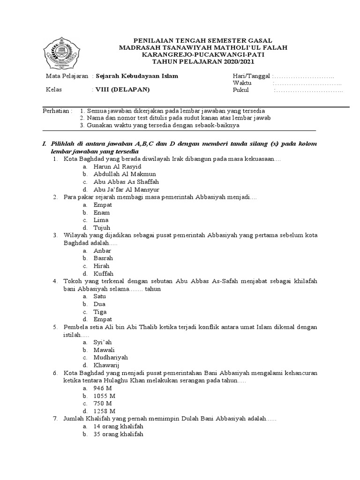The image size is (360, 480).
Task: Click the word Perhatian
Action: point(57,111)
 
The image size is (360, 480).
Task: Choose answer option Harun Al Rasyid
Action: point(117,167)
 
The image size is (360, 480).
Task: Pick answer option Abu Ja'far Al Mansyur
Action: point(126,190)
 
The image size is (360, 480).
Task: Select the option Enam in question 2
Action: point(102,213)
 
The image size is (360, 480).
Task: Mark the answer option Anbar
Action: point(102,251)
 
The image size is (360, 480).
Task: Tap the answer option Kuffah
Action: point(103,274)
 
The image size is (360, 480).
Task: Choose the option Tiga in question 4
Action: point(100,312)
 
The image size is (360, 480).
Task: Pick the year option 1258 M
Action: point(104,411)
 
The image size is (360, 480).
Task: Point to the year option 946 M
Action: point(102,388)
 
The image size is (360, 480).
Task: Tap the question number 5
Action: point(55,327)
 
